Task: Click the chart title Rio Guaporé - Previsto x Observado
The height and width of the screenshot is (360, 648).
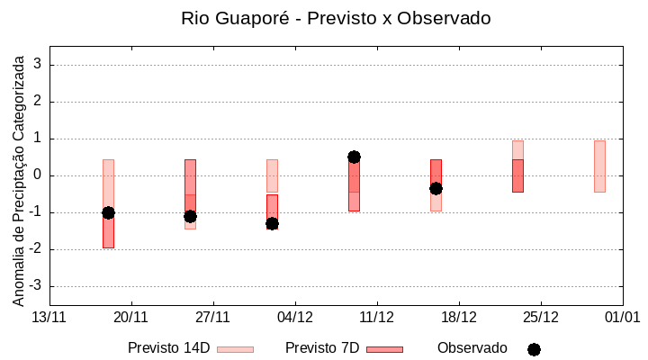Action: (x=336, y=18)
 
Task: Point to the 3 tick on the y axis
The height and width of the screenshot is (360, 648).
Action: (x=39, y=65)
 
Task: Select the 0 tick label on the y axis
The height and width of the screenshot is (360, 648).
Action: (x=39, y=175)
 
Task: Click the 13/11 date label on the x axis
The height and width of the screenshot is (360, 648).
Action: (x=49, y=317)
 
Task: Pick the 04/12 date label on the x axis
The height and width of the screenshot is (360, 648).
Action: (x=295, y=317)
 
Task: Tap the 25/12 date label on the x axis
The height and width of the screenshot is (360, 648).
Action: (x=540, y=317)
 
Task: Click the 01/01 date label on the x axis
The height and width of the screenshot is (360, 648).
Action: (x=622, y=317)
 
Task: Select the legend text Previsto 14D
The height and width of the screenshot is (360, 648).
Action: (x=168, y=348)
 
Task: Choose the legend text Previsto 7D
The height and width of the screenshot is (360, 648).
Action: (x=322, y=348)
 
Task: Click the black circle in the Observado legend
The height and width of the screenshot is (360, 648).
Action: (x=534, y=349)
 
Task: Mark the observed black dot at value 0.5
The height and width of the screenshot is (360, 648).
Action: (x=354, y=157)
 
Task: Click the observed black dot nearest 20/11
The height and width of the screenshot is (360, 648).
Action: (x=108, y=212)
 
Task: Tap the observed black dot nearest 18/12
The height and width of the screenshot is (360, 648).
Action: (x=436, y=188)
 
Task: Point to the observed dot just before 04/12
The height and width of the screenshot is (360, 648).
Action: (x=272, y=223)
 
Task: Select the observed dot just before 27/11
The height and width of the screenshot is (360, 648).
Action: (x=190, y=216)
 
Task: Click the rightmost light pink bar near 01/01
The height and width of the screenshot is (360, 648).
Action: (x=599, y=166)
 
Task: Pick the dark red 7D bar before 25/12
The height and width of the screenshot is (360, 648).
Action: (x=517, y=175)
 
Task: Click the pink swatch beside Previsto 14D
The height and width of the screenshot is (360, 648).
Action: (x=235, y=349)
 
